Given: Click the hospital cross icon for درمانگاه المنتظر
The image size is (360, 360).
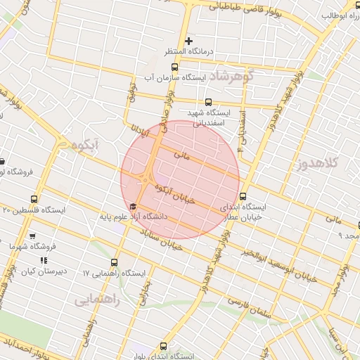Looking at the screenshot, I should pyautogui.click(x=188, y=41).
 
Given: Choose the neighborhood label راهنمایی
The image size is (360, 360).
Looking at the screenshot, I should pyautogui.click(x=97, y=300).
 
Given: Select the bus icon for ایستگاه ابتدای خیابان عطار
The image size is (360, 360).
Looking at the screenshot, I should pyautogui.click(x=243, y=196).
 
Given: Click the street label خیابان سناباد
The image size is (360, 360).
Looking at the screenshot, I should pyautogui.click(x=164, y=240).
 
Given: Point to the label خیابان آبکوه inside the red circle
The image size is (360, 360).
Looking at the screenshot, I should pyautogui.click(x=174, y=193).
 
